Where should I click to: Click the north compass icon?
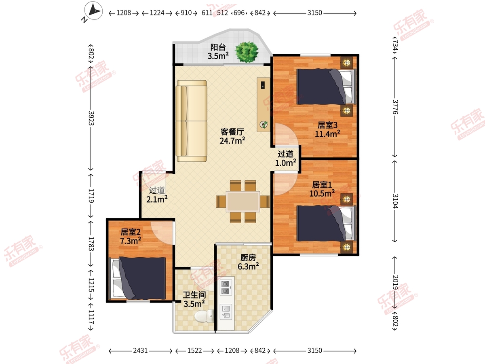(x=93, y=11)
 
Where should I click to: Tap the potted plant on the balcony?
(x=247, y=52)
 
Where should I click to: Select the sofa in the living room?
(x=191, y=121)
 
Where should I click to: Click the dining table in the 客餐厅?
(x=243, y=201)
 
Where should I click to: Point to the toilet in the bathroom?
(x=204, y=316)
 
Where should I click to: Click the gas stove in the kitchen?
(x=226, y=288)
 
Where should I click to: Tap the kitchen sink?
(x=226, y=311)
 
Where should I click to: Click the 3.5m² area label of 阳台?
(x=218, y=56)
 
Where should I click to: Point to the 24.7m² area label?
(x=232, y=141)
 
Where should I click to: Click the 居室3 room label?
(x=327, y=125)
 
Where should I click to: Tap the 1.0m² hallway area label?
(x=285, y=163)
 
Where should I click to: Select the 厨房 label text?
(x=248, y=258)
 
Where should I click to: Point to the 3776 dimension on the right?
(x=395, y=107)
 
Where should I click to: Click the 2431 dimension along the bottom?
(x=140, y=351)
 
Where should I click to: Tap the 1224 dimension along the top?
(x=157, y=13)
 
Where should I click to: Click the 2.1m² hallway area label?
(x=157, y=199)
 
